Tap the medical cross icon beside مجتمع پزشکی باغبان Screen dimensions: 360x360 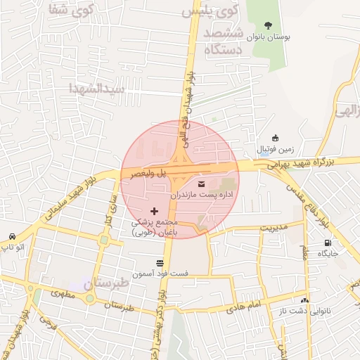(x=155, y=211)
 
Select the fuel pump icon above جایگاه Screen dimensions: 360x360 (x=328, y=243)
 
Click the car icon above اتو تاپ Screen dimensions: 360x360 (x=12, y=236)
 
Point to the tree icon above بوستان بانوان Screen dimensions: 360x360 (x=270, y=25)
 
